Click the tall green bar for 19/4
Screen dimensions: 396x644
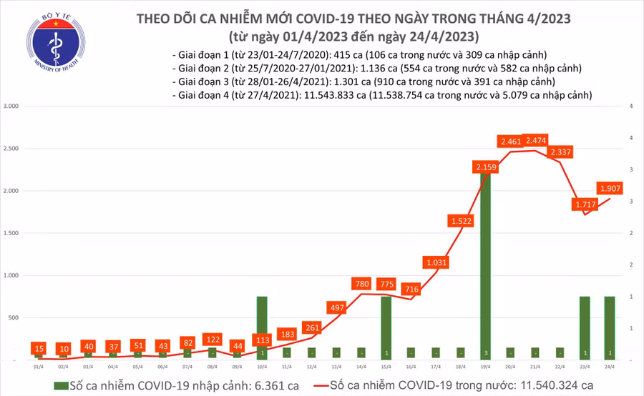pos(486,272)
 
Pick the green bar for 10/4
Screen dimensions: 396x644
pos(262,327)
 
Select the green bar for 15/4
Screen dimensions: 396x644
pos(386,327)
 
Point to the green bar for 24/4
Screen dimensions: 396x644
pos(609,327)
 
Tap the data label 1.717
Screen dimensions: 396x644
pos(585,205)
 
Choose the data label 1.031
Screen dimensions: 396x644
pos(436,263)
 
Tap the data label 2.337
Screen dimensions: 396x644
pos(562,152)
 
